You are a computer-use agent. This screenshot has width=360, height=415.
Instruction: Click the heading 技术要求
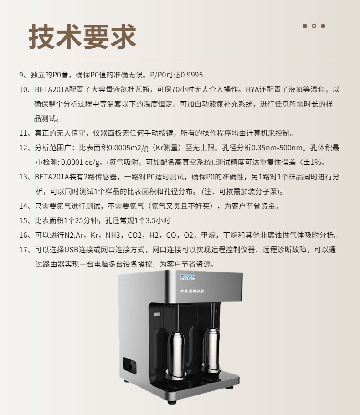[x=82, y=36]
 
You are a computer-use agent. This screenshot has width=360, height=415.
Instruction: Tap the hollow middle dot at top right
[x=314, y=26]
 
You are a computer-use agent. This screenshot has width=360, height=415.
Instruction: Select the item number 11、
[x=27, y=133]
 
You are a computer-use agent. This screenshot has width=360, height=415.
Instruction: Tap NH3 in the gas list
[x=113, y=235]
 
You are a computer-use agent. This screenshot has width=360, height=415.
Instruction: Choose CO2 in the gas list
[x=135, y=235]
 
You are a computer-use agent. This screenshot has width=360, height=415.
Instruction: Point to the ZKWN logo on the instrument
[x=188, y=277]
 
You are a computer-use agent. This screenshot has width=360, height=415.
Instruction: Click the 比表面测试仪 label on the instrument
[x=192, y=291]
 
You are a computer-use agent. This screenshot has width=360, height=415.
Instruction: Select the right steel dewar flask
[x=212, y=348]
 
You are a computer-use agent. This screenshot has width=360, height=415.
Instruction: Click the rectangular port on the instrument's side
[x=130, y=365]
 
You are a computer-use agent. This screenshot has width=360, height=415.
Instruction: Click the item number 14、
[x=27, y=206]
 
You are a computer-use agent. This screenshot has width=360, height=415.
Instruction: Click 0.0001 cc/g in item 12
[x=81, y=162]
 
